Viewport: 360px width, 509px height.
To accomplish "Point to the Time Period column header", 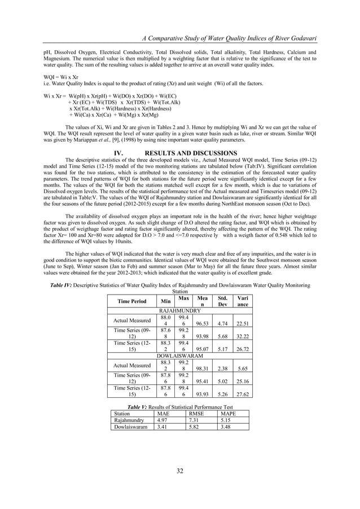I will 131,301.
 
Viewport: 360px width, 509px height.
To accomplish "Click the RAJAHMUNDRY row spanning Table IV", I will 180,310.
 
